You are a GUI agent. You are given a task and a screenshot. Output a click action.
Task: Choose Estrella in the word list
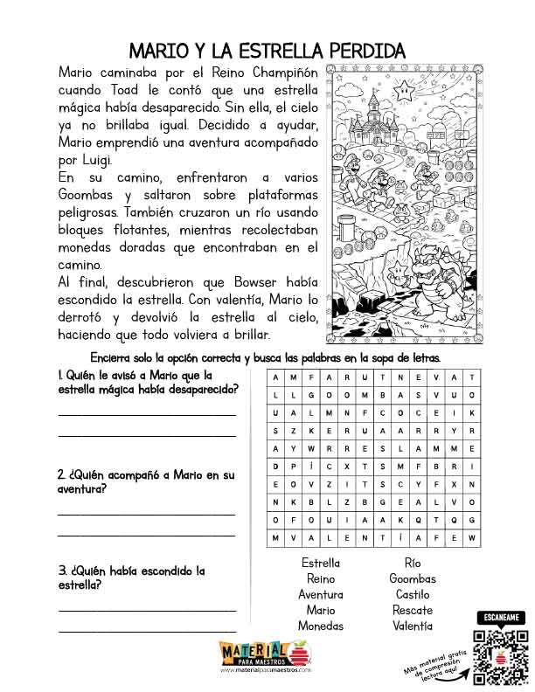(x=321, y=564)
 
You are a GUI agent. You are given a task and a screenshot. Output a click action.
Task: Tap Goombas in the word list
(x=412, y=579)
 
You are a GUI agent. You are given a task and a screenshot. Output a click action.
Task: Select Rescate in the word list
(x=412, y=611)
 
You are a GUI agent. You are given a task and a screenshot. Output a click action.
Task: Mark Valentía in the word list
(x=412, y=626)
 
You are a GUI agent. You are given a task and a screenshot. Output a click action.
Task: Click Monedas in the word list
(x=321, y=626)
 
